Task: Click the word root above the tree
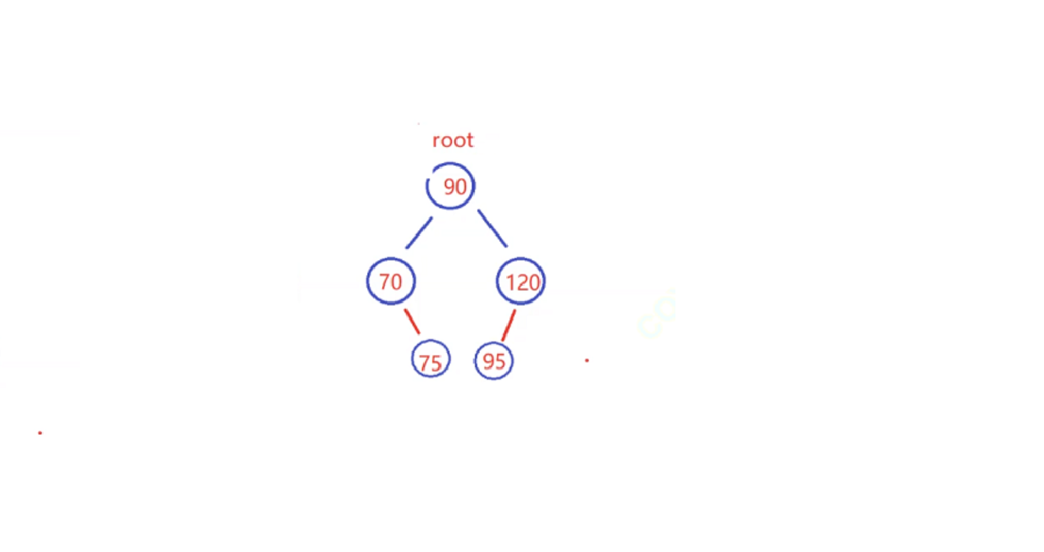[x=452, y=141]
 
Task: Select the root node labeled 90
[x=451, y=187]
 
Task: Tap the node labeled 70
[x=391, y=282]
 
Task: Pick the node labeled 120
[x=520, y=282]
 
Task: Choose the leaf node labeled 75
[x=431, y=361]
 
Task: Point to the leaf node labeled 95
[x=494, y=361]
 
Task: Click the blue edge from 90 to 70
[x=419, y=233]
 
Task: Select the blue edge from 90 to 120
[x=492, y=229]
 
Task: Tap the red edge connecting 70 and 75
[x=412, y=321]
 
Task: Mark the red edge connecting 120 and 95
[x=509, y=324]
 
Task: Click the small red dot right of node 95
[x=587, y=360]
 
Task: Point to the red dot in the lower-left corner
[x=40, y=433]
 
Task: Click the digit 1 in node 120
[x=509, y=282]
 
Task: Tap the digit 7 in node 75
[x=424, y=363]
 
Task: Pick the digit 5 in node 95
[x=500, y=361]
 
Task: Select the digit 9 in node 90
[x=448, y=187]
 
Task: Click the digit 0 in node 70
[x=396, y=282]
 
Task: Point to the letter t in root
[x=470, y=141]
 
